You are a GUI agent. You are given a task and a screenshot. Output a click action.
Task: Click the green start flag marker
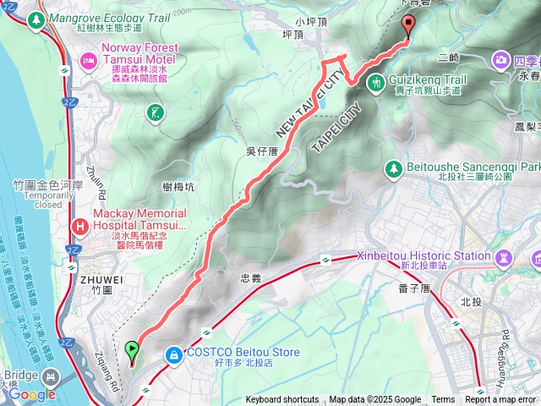[131, 349]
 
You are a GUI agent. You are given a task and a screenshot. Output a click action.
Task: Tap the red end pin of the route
[409, 25]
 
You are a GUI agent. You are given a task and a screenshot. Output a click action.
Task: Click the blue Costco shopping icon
[174, 354]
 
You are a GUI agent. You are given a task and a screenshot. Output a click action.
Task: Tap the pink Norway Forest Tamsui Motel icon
[88, 60]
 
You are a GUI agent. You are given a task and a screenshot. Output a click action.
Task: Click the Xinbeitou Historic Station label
[424, 255]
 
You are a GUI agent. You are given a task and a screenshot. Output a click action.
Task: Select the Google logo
[32, 394]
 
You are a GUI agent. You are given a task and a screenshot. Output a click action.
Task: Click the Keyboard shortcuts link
[282, 400]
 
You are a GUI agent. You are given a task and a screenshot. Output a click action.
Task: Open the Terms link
[443, 400]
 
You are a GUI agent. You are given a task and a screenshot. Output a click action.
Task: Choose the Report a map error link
[500, 400]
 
